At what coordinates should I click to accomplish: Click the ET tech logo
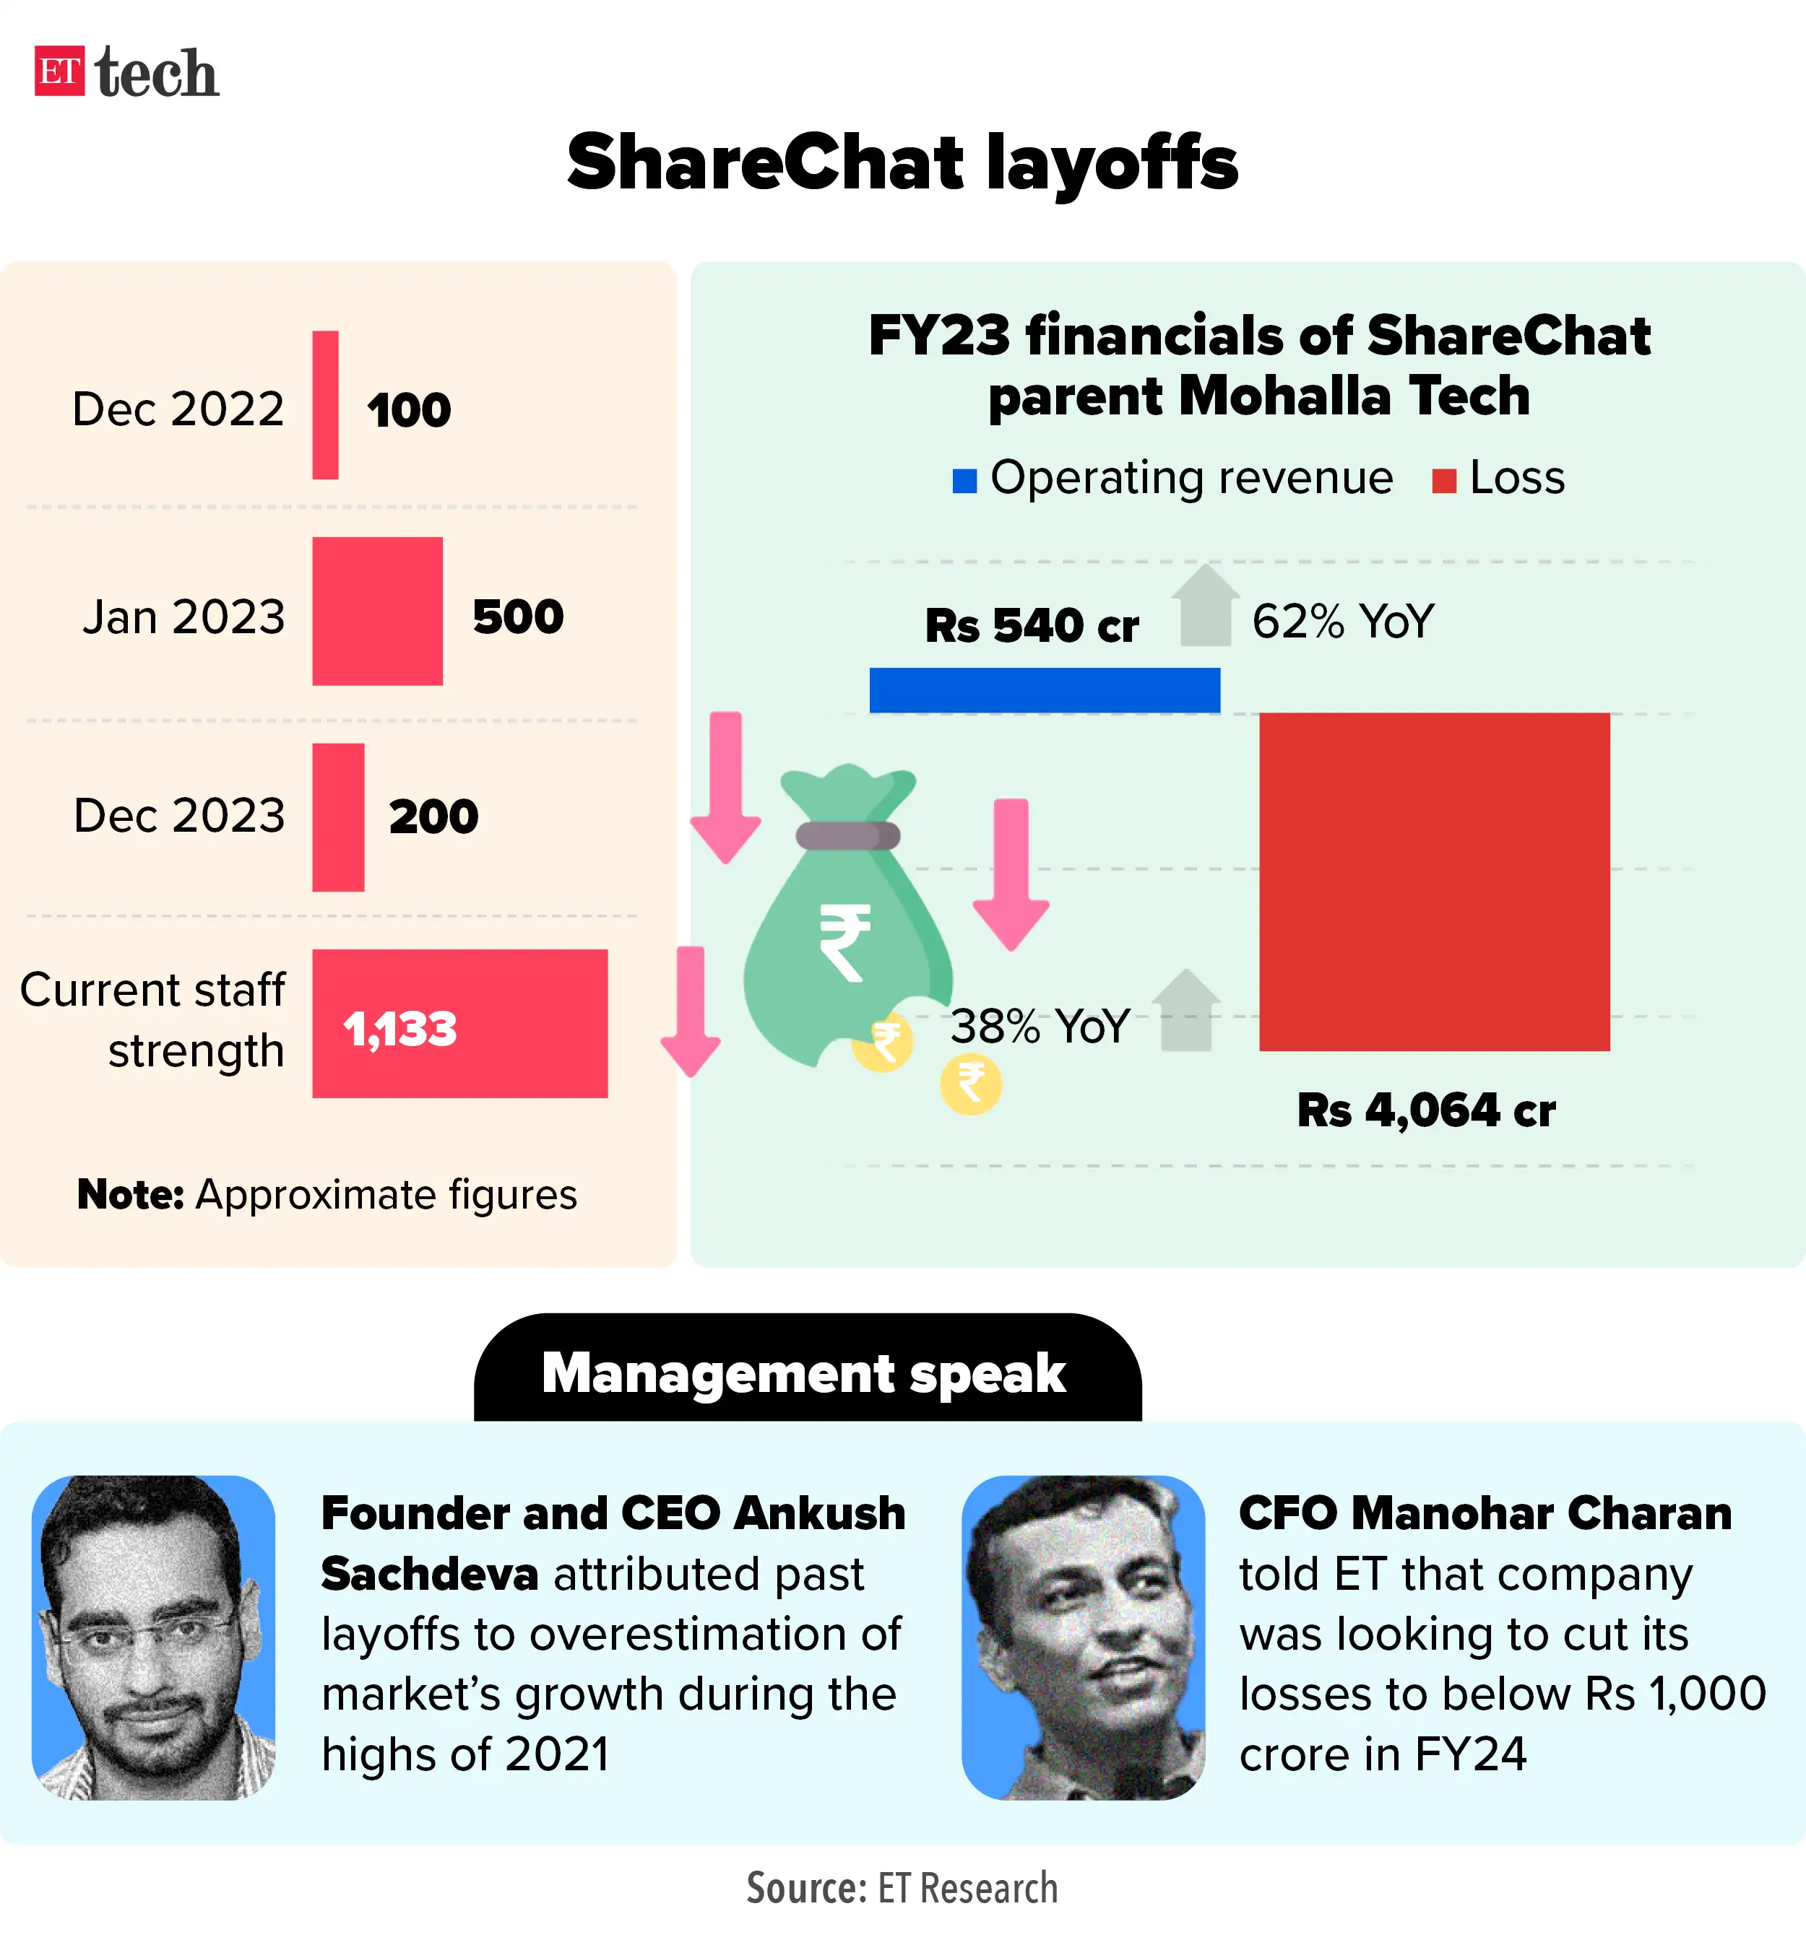tap(126, 72)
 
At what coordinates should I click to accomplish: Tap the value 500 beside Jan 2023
tap(518, 617)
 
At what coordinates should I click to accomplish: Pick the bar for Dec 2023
tap(338, 817)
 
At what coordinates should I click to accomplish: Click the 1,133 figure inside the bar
tap(399, 1029)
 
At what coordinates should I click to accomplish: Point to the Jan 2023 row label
tap(183, 617)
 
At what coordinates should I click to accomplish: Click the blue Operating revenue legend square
tap(964, 481)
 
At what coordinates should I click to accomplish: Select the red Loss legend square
tap(1443, 481)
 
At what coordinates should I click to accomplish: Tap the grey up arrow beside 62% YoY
tap(1205, 606)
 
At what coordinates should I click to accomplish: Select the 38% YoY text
tap(1039, 1026)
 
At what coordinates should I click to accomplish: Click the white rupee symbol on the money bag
tap(844, 941)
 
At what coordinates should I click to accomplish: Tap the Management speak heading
tap(803, 1372)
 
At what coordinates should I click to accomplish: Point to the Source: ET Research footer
tap(901, 1887)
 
